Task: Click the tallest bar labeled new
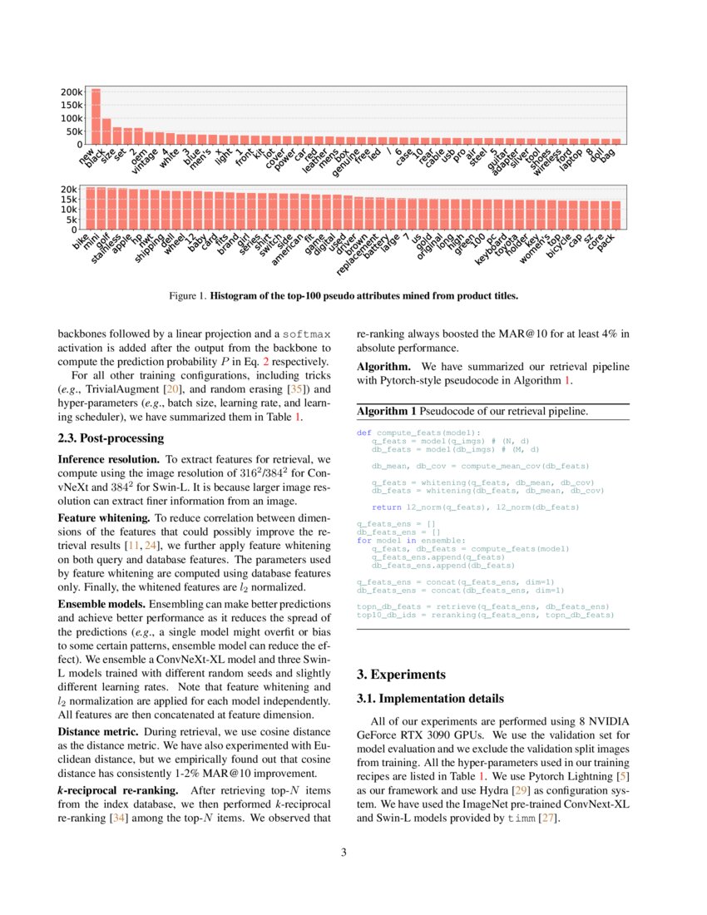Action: pos(96,116)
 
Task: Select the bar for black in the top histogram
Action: pos(106,131)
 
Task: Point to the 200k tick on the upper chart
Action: pos(72,91)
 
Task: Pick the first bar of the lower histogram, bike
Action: pos(91,208)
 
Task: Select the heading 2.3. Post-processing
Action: pos(111,438)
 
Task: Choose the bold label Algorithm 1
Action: pos(386,411)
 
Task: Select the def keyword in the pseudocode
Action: pos(363,433)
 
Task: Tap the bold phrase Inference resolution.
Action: pos(108,460)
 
